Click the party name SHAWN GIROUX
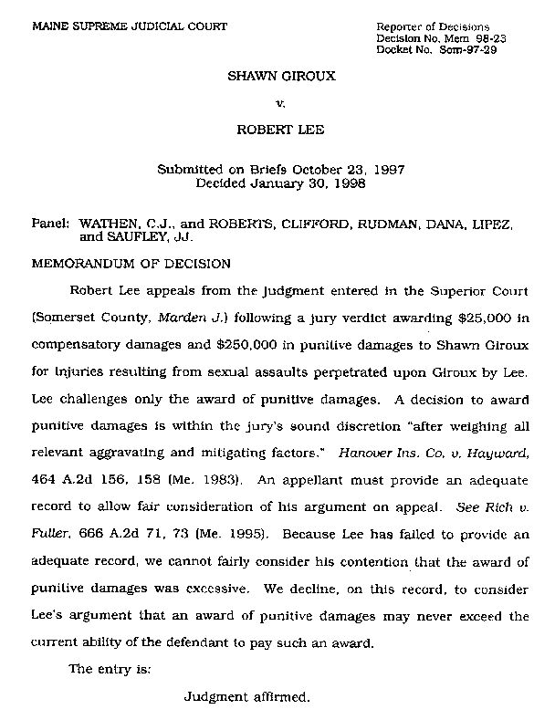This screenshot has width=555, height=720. [281, 75]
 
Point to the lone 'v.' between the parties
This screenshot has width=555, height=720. [281, 102]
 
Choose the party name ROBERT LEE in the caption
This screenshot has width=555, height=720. [280, 130]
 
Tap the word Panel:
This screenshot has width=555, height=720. [51, 223]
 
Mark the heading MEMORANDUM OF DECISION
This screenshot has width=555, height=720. [131, 262]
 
